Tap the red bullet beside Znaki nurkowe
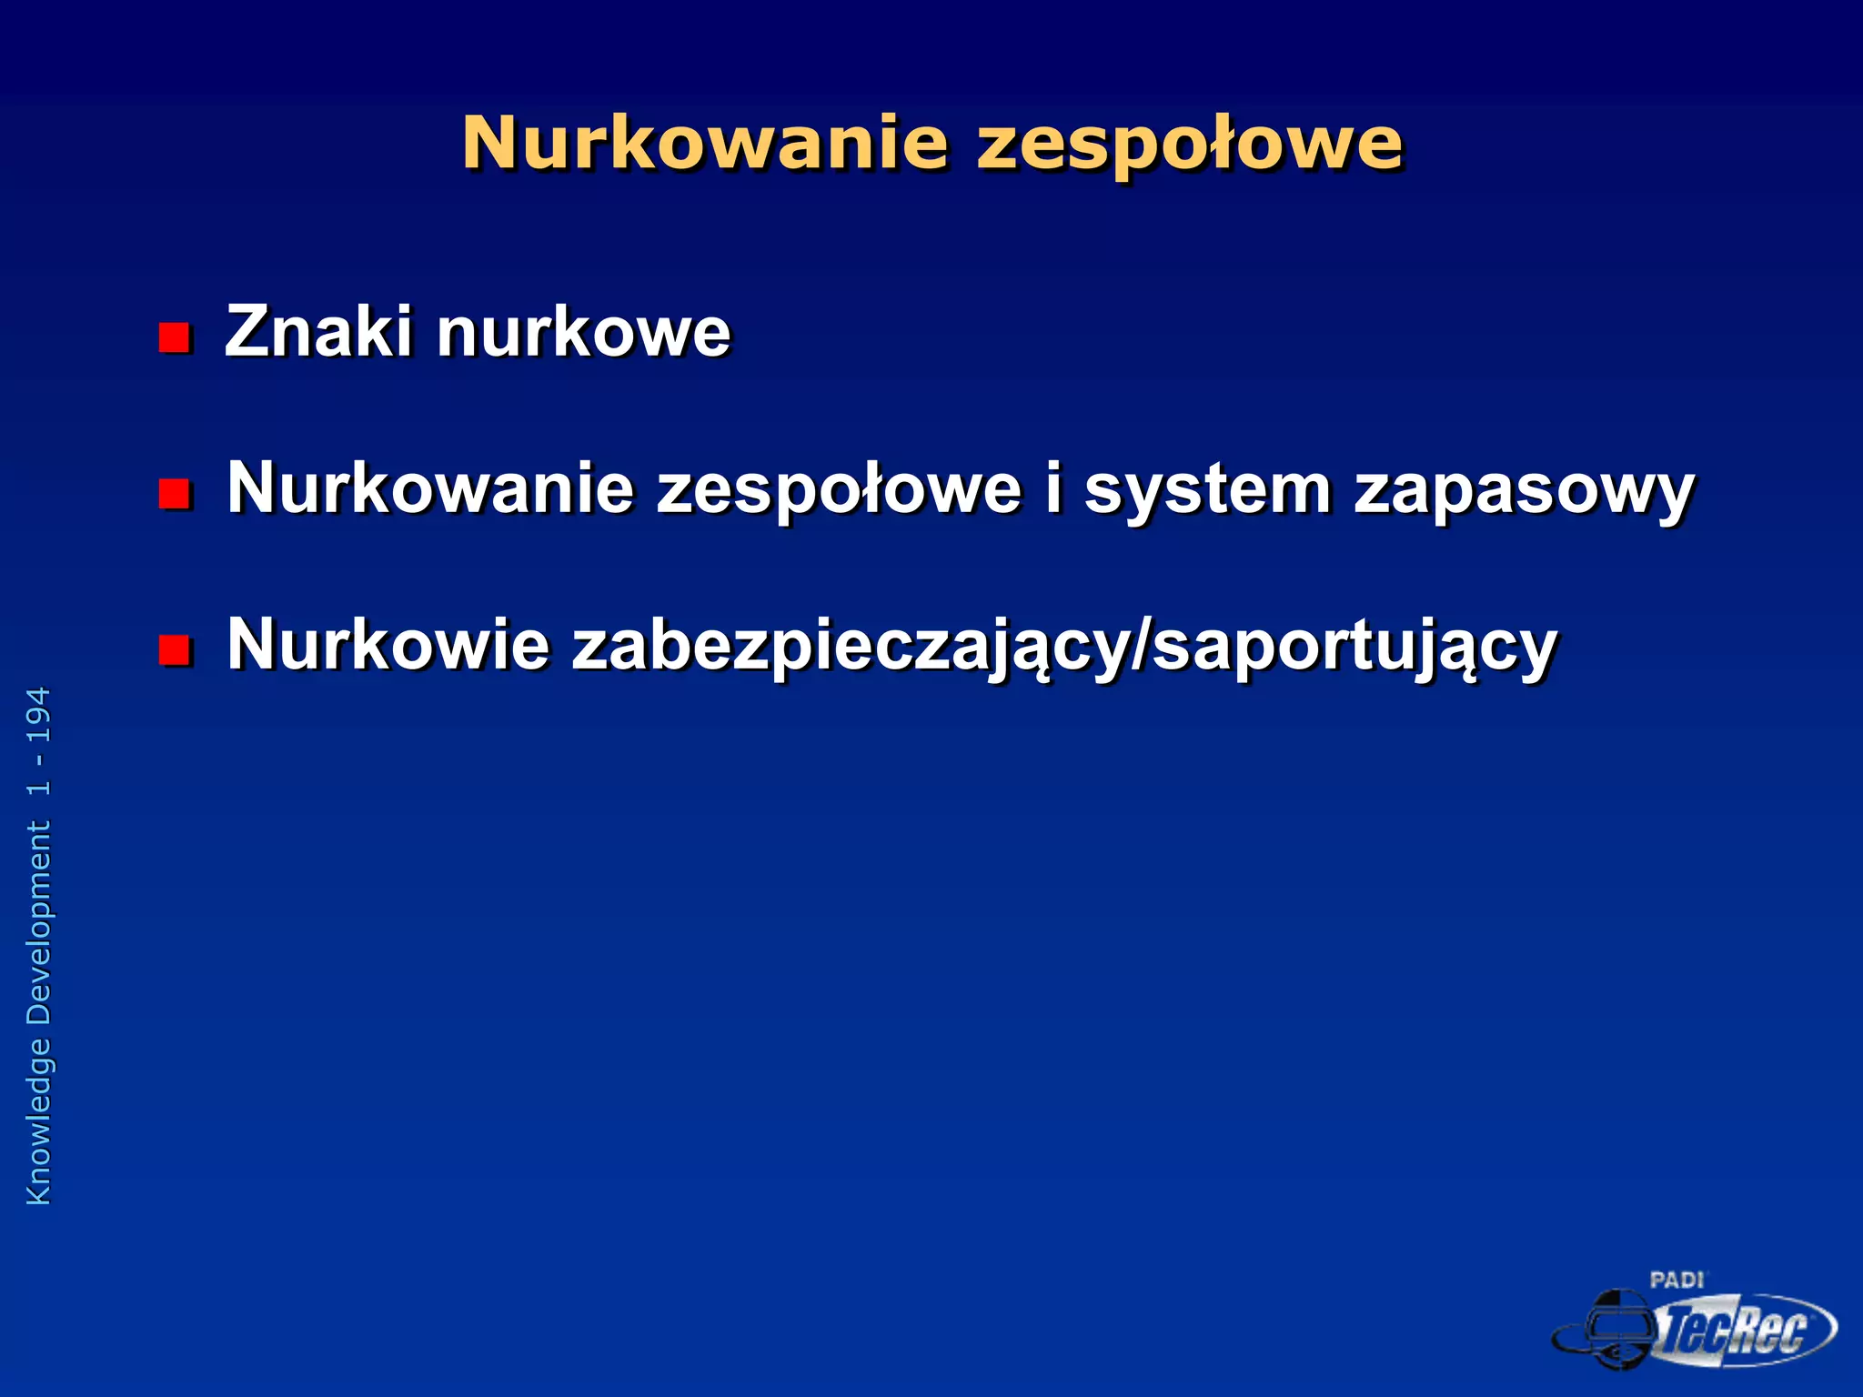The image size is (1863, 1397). point(175,337)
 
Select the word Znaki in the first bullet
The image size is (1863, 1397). point(318,331)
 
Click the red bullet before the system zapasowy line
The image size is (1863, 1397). point(175,494)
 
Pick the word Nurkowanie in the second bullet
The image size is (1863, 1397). point(429,488)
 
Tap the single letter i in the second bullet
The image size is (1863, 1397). point(1052,488)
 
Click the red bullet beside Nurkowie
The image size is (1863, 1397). point(175,650)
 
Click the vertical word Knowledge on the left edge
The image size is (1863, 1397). point(39,1121)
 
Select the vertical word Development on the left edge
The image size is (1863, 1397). point(39,923)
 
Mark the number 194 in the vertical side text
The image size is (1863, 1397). point(39,716)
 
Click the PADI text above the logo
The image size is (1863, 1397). point(1677,1281)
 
